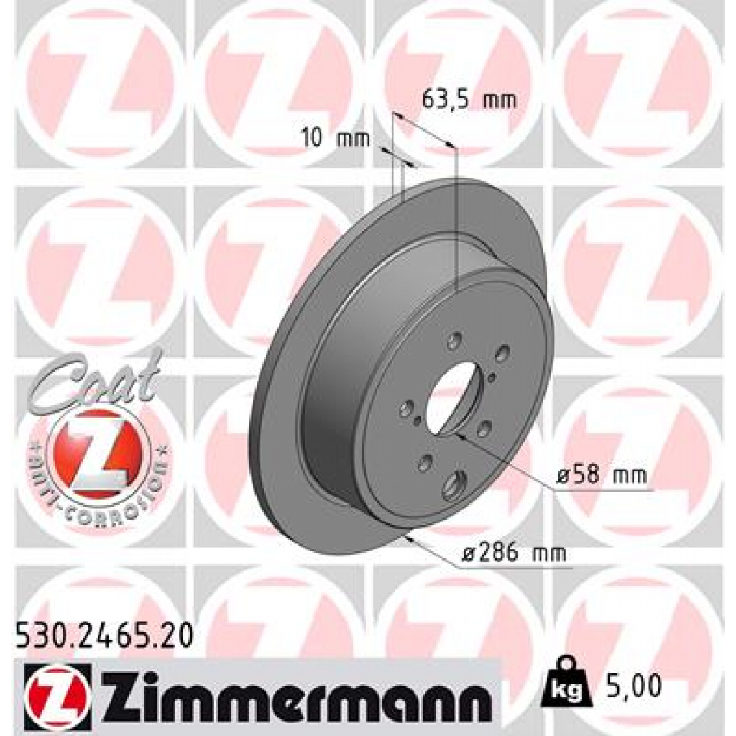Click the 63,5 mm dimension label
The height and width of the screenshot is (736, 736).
[x=469, y=100]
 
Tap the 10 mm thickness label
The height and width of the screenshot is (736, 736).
[x=335, y=138]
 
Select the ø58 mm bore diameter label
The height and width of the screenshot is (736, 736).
[x=602, y=475]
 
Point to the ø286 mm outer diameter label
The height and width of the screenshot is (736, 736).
[x=513, y=553]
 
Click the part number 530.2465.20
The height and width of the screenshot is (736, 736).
[x=103, y=635]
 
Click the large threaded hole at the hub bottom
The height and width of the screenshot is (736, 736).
[x=455, y=486]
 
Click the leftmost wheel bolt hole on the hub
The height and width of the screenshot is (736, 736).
[x=404, y=407]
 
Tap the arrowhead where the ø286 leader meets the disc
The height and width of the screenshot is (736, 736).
[x=409, y=536]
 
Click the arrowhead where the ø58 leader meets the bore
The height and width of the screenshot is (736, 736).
[x=460, y=433]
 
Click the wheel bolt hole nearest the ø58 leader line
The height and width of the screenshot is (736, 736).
[x=484, y=430]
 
